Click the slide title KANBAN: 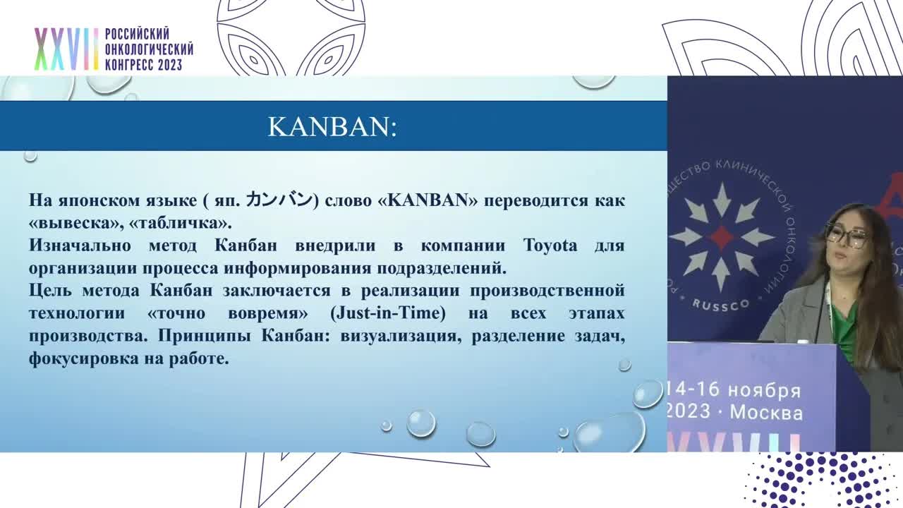(x=332, y=127)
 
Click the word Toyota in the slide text (x=550, y=246)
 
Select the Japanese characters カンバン (x=278, y=200)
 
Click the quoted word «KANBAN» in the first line (x=428, y=200)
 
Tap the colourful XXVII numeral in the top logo (x=66, y=49)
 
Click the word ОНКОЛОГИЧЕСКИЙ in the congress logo (x=149, y=49)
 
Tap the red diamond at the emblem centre (x=721, y=236)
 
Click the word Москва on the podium (x=766, y=413)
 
